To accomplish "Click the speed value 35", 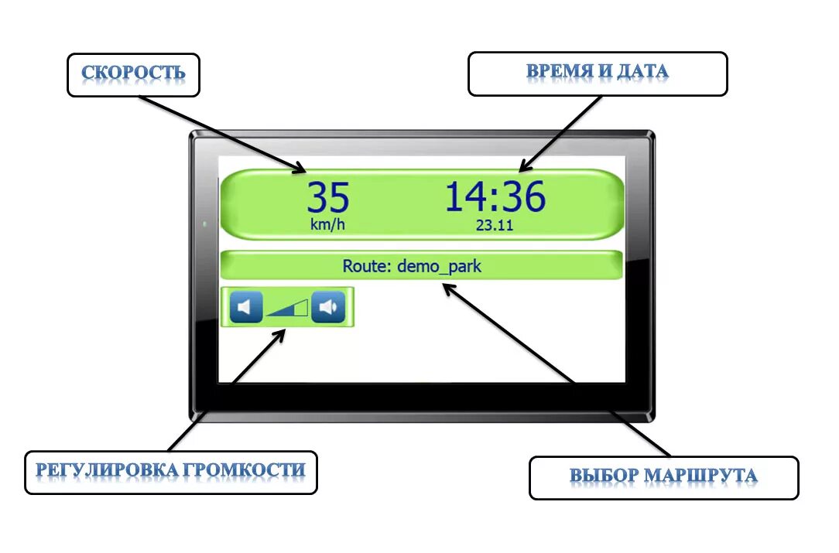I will tap(328, 198).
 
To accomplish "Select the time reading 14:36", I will tap(495, 197).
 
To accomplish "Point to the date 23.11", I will tap(495, 225).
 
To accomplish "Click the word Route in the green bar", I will tap(366, 267).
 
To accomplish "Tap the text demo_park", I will tap(439, 267).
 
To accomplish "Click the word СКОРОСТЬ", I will tap(133, 73).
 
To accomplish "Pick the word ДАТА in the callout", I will tap(642, 72).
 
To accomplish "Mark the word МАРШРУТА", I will tap(700, 475).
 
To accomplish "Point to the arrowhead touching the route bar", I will tap(447, 287).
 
